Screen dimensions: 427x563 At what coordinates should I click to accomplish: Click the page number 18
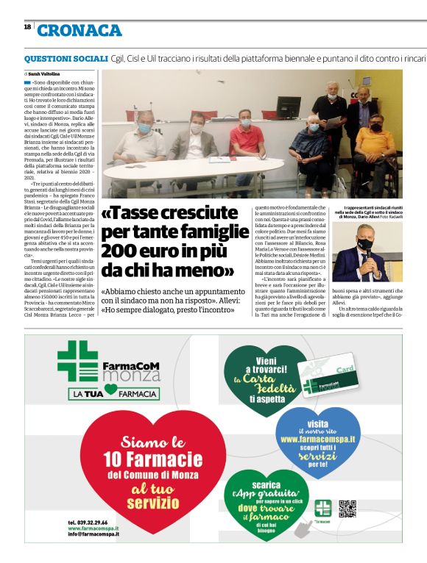pyautogui.click(x=27, y=26)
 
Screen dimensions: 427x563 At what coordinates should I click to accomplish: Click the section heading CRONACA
pyautogui.click(x=79, y=30)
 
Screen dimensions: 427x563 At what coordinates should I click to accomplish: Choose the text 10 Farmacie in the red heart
pyautogui.click(x=153, y=460)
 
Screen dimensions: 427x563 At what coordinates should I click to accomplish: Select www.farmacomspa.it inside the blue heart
pyautogui.click(x=317, y=439)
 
